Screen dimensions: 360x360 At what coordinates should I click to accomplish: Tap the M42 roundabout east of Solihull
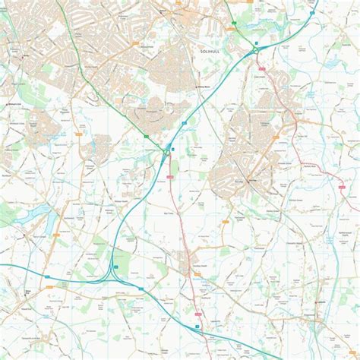(x=256, y=49)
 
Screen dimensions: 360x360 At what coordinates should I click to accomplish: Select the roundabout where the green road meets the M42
(x=166, y=152)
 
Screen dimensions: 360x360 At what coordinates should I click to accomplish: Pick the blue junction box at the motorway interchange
(x=115, y=267)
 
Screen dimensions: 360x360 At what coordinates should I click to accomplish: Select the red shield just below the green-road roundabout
(x=170, y=176)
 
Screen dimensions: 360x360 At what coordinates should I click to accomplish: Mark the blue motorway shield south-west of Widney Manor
(x=185, y=122)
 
